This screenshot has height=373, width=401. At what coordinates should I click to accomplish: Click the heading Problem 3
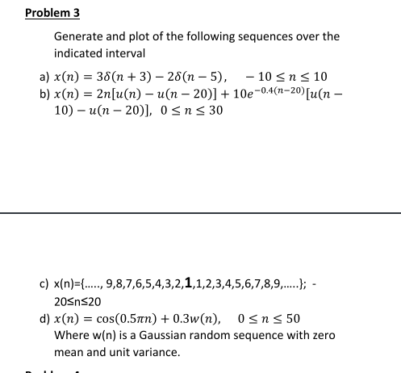pyautogui.click(x=52, y=13)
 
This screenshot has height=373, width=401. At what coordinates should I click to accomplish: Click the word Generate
pyautogui.click(x=77, y=36)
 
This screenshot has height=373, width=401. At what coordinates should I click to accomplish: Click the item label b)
pyautogui.click(x=45, y=94)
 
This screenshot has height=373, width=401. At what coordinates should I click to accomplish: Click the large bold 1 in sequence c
pyautogui.click(x=188, y=283)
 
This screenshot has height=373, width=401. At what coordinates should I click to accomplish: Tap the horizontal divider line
pyautogui.click(x=200, y=212)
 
